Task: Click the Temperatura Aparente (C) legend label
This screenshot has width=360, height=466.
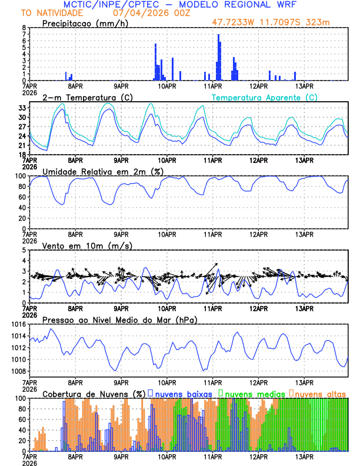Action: pos(265,97)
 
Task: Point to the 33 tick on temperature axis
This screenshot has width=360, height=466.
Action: pos(21,108)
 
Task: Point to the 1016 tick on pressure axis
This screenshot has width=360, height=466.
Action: pos(18,324)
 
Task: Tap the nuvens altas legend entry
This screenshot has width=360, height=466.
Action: pos(319,393)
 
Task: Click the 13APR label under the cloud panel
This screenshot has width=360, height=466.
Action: pos(304,456)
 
